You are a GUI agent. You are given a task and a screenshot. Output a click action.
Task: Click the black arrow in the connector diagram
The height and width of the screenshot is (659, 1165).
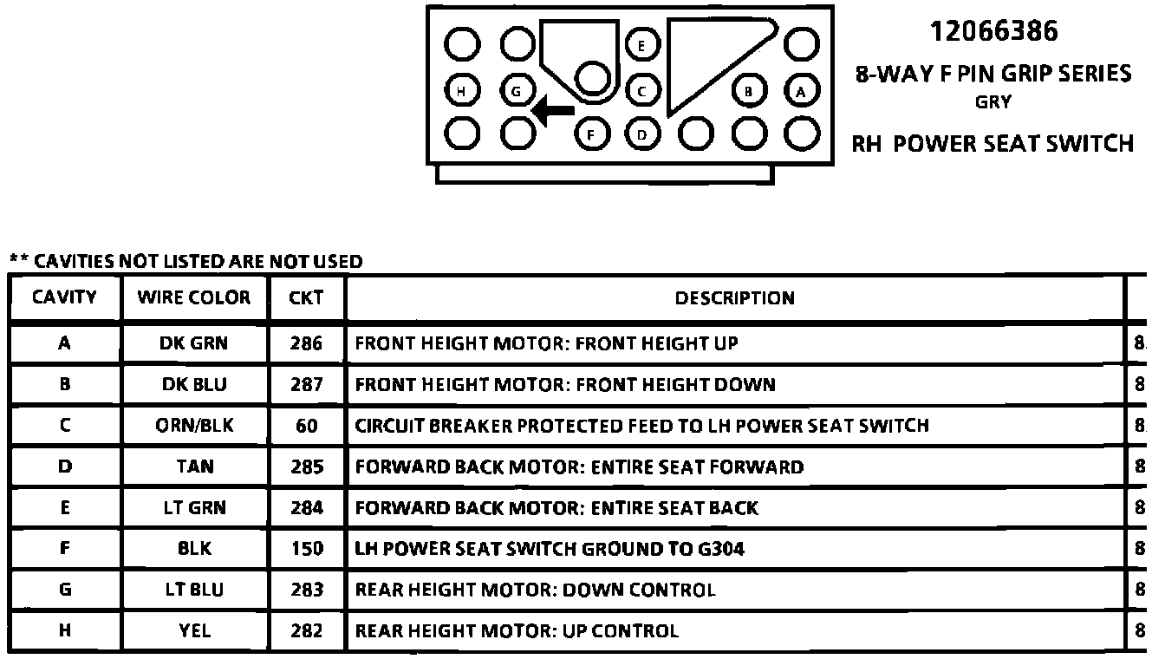click(554, 110)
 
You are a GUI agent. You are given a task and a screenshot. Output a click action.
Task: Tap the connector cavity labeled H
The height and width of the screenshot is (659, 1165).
click(464, 89)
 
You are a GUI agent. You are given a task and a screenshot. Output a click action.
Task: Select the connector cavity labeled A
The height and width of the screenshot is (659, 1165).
click(802, 89)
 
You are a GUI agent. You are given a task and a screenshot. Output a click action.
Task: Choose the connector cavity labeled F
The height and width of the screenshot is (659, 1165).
click(591, 134)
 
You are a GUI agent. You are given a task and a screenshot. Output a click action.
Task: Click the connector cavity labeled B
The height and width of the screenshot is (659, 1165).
click(749, 89)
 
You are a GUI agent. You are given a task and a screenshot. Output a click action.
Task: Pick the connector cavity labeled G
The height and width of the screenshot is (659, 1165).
click(517, 89)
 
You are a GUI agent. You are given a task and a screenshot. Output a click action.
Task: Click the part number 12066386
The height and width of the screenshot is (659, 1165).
click(993, 32)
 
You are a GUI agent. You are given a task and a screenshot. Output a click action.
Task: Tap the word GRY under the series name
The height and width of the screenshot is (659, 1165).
click(993, 101)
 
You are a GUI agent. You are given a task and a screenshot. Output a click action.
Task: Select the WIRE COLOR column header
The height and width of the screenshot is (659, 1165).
click(194, 297)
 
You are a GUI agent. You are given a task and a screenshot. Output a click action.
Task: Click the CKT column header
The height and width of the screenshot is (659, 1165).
click(307, 297)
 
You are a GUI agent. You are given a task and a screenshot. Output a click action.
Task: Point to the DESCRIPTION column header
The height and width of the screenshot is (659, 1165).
click(734, 297)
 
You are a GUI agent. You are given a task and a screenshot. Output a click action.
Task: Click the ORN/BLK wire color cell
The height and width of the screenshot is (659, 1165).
click(194, 426)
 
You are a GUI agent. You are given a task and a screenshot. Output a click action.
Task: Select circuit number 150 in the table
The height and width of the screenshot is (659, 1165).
click(307, 549)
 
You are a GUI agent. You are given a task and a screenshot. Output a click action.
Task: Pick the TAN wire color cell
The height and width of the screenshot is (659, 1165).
click(194, 467)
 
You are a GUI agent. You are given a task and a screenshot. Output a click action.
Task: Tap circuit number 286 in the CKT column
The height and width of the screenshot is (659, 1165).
click(307, 343)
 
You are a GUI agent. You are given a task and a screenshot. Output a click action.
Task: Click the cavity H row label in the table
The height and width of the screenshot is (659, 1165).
click(64, 631)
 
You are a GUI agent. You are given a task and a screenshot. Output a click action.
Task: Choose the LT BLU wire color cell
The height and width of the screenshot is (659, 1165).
click(194, 590)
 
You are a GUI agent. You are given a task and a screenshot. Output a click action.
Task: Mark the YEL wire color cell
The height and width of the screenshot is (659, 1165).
click(194, 631)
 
